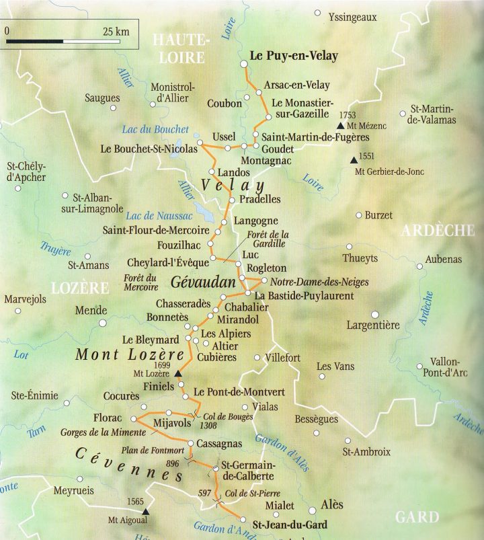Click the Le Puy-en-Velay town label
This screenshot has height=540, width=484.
tap(294, 56)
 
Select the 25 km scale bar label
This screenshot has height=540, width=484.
tap(116, 31)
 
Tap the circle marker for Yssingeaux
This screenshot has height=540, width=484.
tap(317, 13)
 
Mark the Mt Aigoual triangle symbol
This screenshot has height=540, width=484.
tap(145, 512)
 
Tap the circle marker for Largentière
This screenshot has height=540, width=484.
tap(375, 314)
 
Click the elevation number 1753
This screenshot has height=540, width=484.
tap(348, 116)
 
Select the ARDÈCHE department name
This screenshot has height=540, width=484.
tap(438, 231)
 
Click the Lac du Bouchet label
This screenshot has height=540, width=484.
tap(151, 129)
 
